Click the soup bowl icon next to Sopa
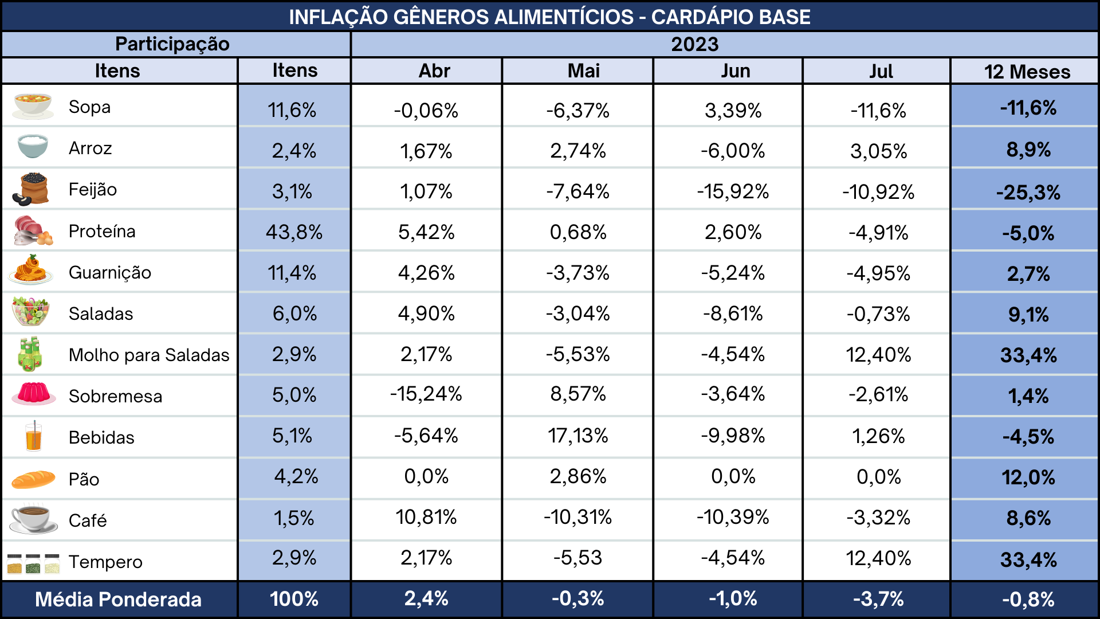tap(33, 106)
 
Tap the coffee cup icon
tap(33, 519)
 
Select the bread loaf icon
tap(33, 479)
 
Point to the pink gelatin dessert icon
tap(34, 394)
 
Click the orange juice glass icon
tap(34, 436)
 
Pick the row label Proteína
tap(102, 231)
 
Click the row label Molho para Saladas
tap(149, 355)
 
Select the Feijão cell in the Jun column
tap(733, 191)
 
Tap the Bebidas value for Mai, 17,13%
tap(578, 436)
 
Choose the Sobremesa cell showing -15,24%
tap(426, 394)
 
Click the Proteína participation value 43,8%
tap(294, 232)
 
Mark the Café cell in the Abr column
tap(426, 517)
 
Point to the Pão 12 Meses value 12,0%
tap(1028, 477)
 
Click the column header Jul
tap(881, 71)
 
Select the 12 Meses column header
tap(1027, 72)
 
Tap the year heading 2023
tap(694, 44)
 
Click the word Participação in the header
tap(172, 44)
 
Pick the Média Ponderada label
tap(118, 600)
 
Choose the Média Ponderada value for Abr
tap(426, 599)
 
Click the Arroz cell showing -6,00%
tap(733, 151)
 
